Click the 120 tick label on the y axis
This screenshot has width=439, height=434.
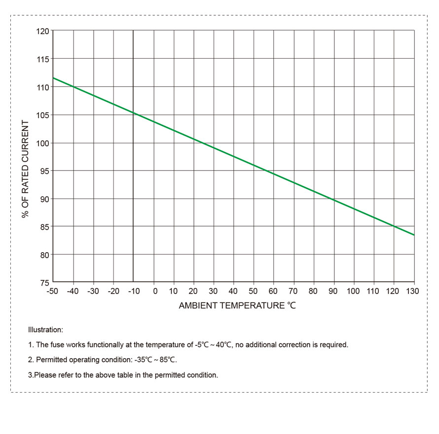[x=43, y=31]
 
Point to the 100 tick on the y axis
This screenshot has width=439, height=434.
[x=43, y=143]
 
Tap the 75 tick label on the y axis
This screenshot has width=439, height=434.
[x=44, y=282]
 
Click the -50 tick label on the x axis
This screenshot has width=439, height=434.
[x=52, y=291]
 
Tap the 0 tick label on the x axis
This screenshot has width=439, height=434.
[x=155, y=291]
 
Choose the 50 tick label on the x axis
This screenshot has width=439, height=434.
[x=254, y=291]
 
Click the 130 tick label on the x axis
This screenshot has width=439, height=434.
[x=412, y=291]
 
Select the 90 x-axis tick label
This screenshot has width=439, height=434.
[x=333, y=291]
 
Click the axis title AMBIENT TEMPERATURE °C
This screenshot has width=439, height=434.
[x=237, y=305]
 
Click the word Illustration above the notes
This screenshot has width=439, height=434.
[x=45, y=330]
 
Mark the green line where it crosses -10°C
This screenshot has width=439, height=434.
[x=133, y=113]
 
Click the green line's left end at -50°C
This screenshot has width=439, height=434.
[x=53, y=78]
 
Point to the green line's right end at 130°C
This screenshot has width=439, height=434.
[x=414, y=235]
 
